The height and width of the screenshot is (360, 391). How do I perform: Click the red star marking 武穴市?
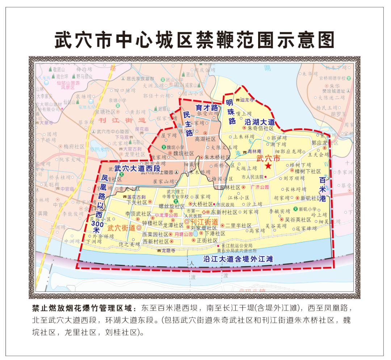point(268,166)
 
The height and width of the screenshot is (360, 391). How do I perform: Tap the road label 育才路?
point(206,107)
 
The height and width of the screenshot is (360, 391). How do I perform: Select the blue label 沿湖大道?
point(260,122)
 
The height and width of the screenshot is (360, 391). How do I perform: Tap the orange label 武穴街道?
point(121,228)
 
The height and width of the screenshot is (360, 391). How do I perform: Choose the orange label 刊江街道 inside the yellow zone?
point(204,221)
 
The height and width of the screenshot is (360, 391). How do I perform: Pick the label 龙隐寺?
point(168,250)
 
